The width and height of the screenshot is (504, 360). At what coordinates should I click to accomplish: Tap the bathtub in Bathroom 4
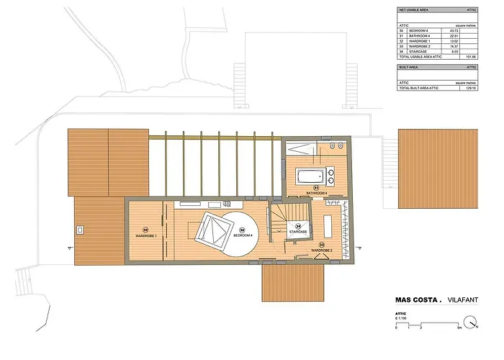(312, 176)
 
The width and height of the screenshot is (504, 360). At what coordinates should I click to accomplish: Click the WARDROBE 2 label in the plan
(326, 250)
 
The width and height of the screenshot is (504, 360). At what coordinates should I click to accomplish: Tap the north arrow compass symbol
(471, 323)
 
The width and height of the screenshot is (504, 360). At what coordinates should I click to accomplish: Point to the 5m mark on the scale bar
(459, 328)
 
